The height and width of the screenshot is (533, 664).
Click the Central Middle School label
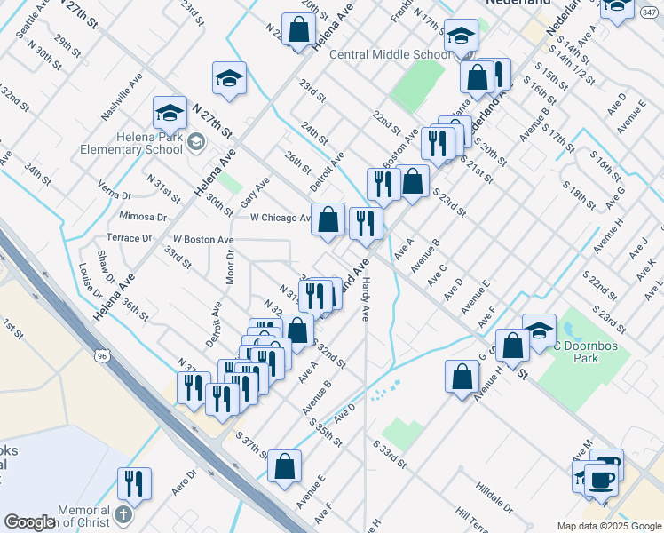point(390,54)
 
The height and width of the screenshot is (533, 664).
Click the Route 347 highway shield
point(648,13)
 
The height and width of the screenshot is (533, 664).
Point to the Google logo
point(30,522)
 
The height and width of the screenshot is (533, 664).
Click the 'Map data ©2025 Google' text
point(609,526)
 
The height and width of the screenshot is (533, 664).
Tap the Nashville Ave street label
point(123,102)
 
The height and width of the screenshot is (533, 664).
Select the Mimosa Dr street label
point(147,217)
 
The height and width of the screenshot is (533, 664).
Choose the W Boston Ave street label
point(203,239)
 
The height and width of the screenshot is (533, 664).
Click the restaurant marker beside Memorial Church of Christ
point(134,483)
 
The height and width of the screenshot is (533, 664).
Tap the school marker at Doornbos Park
point(539,330)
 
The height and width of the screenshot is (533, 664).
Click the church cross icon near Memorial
point(123,514)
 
